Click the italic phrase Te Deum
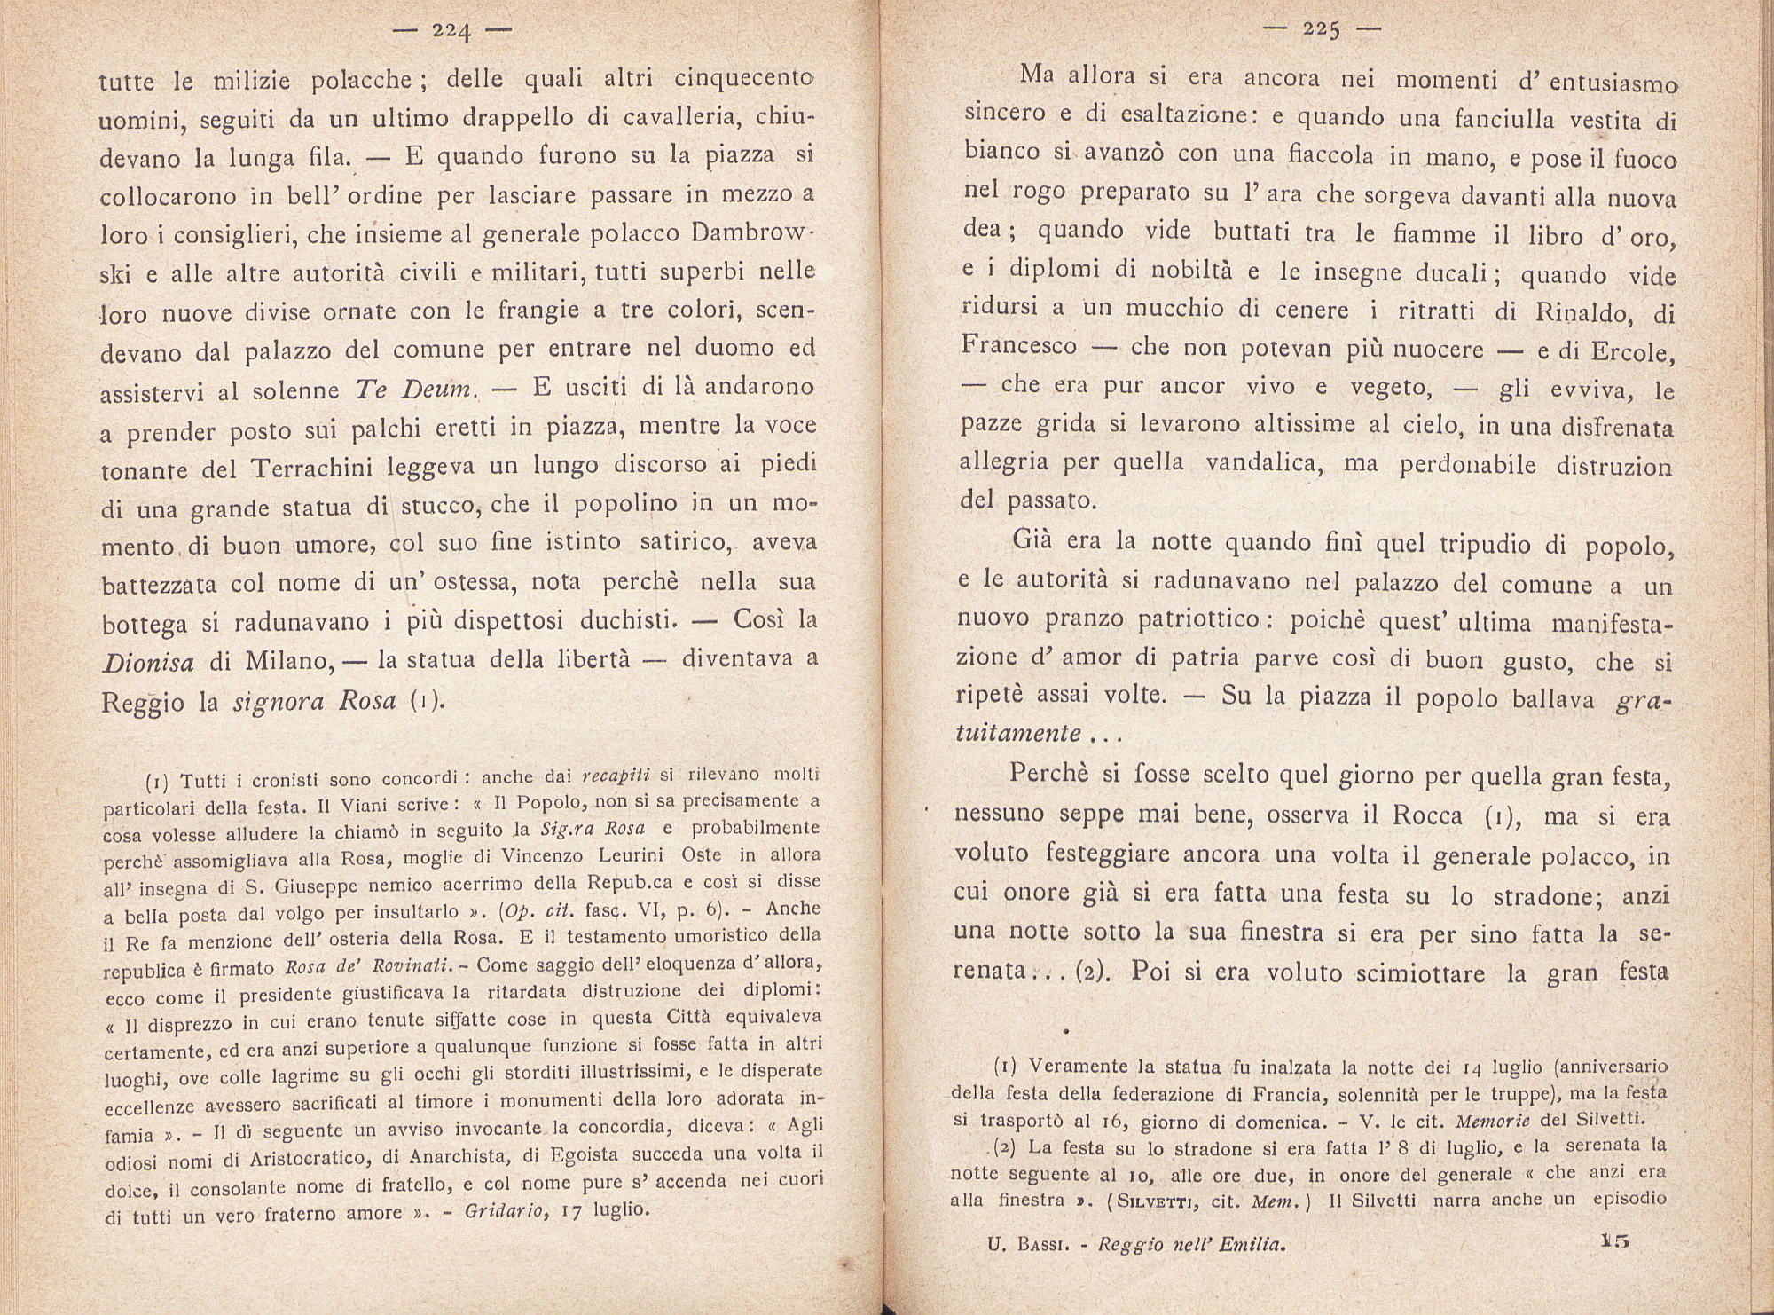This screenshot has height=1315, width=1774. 416,390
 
